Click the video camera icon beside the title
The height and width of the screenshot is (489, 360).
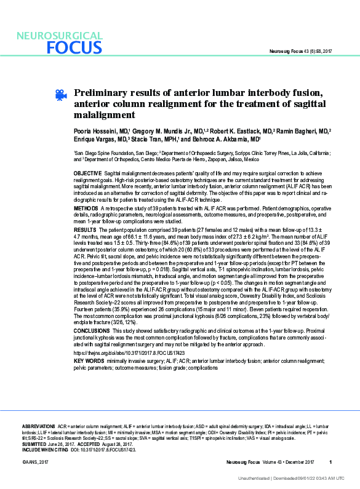click(60, 95)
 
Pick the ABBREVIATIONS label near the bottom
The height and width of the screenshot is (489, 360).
click(39, 426)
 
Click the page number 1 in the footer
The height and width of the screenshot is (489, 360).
click(330, 462)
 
